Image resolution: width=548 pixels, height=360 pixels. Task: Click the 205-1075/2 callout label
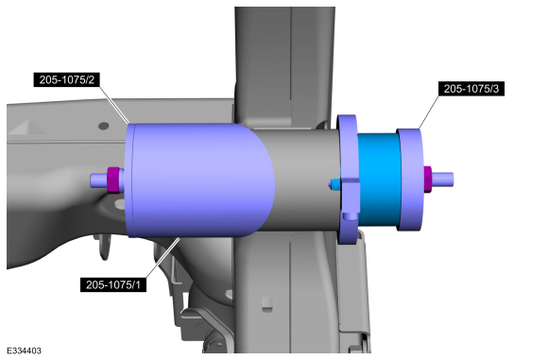coord(66,79)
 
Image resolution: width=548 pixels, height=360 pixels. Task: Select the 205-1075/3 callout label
coord(471,89)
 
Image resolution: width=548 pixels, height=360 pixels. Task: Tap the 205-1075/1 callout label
coord(113,284)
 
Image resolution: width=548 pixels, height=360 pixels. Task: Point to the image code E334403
coord(24,351)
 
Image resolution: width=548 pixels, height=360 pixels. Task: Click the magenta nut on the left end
coord(114,180)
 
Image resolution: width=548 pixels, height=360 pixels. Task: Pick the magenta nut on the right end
coord(427,179)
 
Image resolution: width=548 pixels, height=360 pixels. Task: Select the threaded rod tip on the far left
coord(99,180)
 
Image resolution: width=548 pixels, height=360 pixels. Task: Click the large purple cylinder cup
coord(199,180)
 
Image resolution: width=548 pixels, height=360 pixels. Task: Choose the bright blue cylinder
coord(380,180)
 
